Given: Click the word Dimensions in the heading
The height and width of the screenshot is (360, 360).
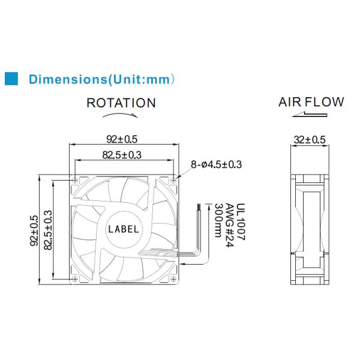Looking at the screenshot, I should (67, 79).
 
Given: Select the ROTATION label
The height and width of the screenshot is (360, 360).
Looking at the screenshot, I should (121, 103).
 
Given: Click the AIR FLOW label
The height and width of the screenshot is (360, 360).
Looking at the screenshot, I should (311, 102).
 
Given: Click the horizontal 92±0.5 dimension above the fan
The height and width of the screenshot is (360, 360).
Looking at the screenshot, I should (123, 139).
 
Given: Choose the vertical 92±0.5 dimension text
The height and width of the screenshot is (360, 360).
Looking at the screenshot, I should (34, 230).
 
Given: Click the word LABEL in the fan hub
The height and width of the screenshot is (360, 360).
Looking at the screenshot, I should (124, 229).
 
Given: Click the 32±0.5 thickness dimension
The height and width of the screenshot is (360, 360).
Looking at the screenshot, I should (310, 140).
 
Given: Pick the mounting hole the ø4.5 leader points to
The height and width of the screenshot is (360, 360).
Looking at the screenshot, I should (173, 178).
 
